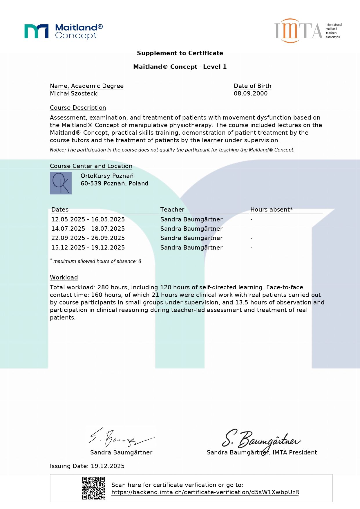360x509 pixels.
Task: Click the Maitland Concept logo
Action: tap(64, 31)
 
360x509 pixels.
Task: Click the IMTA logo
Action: tap(308, 31)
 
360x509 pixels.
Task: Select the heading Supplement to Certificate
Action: tap(180, 53)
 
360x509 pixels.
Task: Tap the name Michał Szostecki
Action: tap(74, 93)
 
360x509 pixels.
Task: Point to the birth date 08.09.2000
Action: tap(251, 93)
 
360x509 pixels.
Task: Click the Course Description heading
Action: tap(78, 108)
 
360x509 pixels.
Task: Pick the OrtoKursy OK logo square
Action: tap(61, 183)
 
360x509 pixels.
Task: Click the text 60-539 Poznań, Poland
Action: tap(114, 183)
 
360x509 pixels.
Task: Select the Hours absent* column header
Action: tap(271, 210)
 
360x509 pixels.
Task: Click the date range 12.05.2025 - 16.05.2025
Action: tap(88, 219)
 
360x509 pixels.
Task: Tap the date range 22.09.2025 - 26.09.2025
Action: tap(88, 238)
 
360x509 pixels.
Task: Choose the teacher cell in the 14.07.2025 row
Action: tap(191, 229)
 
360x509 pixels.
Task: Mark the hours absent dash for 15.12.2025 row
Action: tap(252, 248)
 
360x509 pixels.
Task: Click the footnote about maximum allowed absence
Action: tap(97, 261)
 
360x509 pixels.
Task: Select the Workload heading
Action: tap(64, 277)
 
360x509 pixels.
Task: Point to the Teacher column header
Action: tap(172, 210)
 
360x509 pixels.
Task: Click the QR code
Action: tap(93, 488)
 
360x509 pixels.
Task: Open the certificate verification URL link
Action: tap(205, 492)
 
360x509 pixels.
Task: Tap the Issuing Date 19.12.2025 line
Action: tap(87, 466)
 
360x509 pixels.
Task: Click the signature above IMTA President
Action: tap(261, 440)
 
